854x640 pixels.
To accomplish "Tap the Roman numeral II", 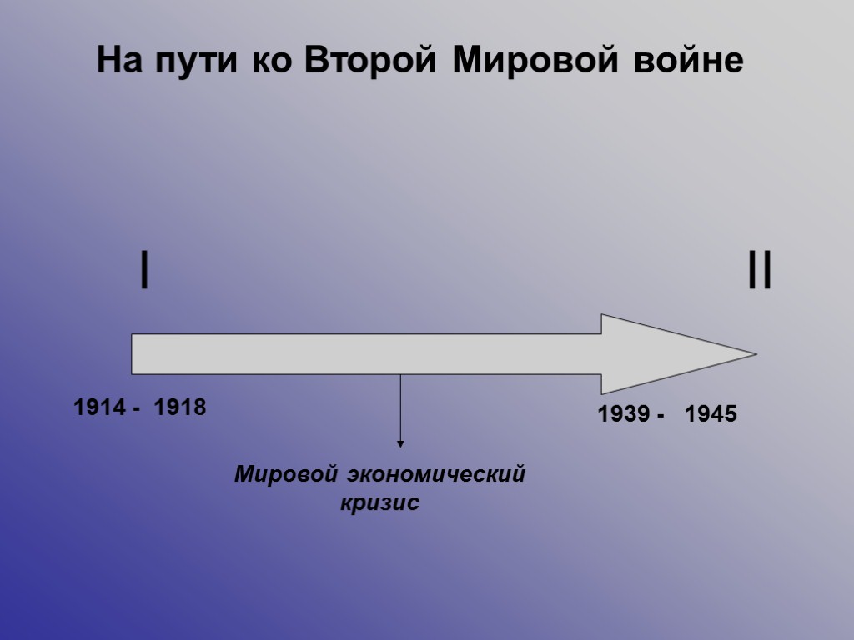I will coord(759,272).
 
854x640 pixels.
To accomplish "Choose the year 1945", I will coord(711,414).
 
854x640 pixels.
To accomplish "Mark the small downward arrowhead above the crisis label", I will coord(400,444).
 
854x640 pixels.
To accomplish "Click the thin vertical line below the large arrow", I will coord(400,408).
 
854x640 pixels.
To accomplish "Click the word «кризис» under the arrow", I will coord(380,503).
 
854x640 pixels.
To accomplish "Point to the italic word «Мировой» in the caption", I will coord(285,475).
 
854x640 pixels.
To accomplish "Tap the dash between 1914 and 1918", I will coord(135,409).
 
